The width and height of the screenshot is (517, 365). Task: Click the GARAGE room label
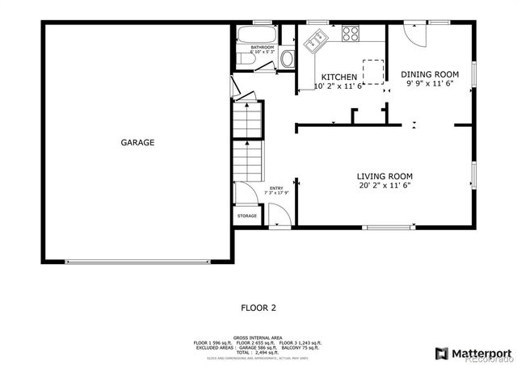[x=137, y=143]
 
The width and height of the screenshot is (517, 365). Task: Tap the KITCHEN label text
[x=338, y=77]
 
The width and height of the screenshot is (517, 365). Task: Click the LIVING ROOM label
[x=385, y=176]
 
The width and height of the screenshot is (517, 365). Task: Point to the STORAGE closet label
[x=247, y=216]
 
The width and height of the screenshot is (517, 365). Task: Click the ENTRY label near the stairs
[x=276, y=188]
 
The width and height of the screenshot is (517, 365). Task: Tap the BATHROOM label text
[x=263, y=48]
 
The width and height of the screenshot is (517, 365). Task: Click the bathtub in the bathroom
[x=254, y=35]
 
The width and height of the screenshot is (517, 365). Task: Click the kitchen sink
[x=314, y=38]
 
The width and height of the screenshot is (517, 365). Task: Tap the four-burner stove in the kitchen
[x=351, y=33]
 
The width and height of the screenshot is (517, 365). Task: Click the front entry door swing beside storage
[x=278, y=216]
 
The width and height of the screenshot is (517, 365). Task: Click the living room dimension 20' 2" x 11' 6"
[x=385, y=186]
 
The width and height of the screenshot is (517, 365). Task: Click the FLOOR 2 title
[x=258, y=307]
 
